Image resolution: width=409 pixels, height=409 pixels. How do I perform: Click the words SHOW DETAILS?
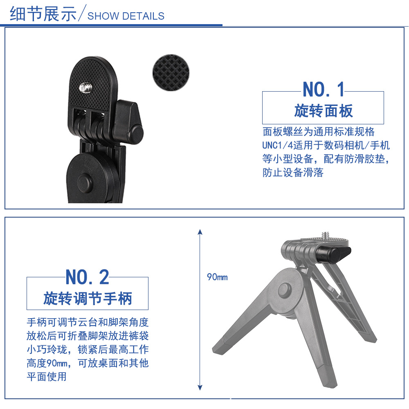[x=126, y=16]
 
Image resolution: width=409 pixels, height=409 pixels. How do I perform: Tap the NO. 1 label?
[x=324, y=89]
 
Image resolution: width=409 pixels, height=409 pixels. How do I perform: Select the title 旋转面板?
[x=323, y=110]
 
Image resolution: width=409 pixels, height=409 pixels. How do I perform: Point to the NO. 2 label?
[x=87, y=277]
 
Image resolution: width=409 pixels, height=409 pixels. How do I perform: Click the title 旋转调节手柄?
[x=88, y=299]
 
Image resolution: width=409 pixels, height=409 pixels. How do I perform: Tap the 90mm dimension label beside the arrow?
[x=217, y=277]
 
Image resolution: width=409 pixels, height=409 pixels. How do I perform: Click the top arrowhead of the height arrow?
[x=200, y=231]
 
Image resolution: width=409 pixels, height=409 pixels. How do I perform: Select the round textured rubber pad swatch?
[x=171, y=73]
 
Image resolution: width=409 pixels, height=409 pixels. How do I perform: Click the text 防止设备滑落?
[x=293, y=173]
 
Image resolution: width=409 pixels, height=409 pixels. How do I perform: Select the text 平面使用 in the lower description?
[x=47, y=376]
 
